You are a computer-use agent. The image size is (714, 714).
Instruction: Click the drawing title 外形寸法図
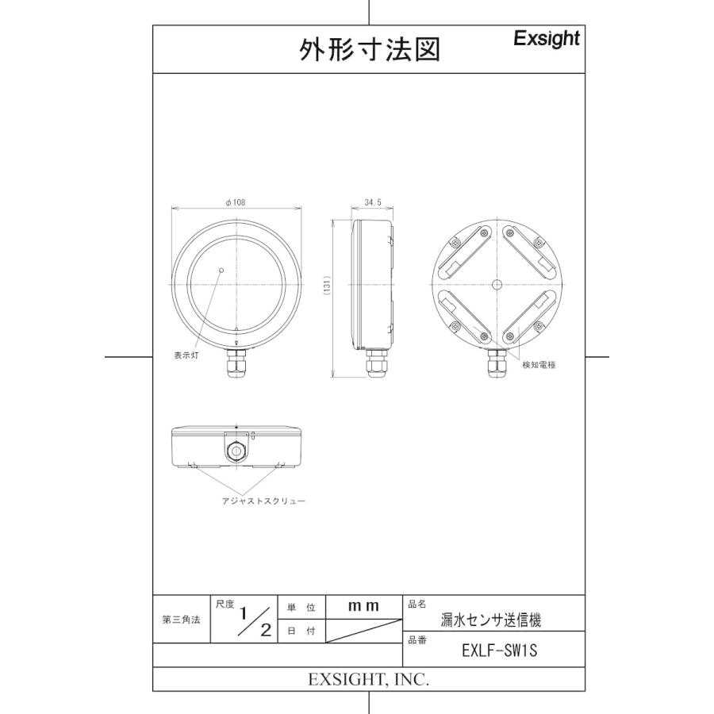coord(369,50)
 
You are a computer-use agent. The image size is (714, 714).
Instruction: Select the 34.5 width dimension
coord(373,203)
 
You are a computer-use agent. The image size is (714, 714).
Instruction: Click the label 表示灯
coord(186,355)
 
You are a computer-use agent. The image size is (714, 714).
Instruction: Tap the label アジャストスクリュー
coord(263,501)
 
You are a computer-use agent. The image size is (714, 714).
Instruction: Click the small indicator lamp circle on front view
coord(221,271)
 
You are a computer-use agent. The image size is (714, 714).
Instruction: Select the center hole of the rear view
coord(497,283)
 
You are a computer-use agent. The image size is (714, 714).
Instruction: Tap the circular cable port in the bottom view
coord(236,450)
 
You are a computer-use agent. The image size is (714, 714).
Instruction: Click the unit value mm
coord(364,606)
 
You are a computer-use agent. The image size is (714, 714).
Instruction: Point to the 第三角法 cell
coord(181,619)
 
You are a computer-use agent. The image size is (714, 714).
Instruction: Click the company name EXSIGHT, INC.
coord(368,680)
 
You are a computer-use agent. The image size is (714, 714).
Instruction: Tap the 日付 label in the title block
coord(301,631)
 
